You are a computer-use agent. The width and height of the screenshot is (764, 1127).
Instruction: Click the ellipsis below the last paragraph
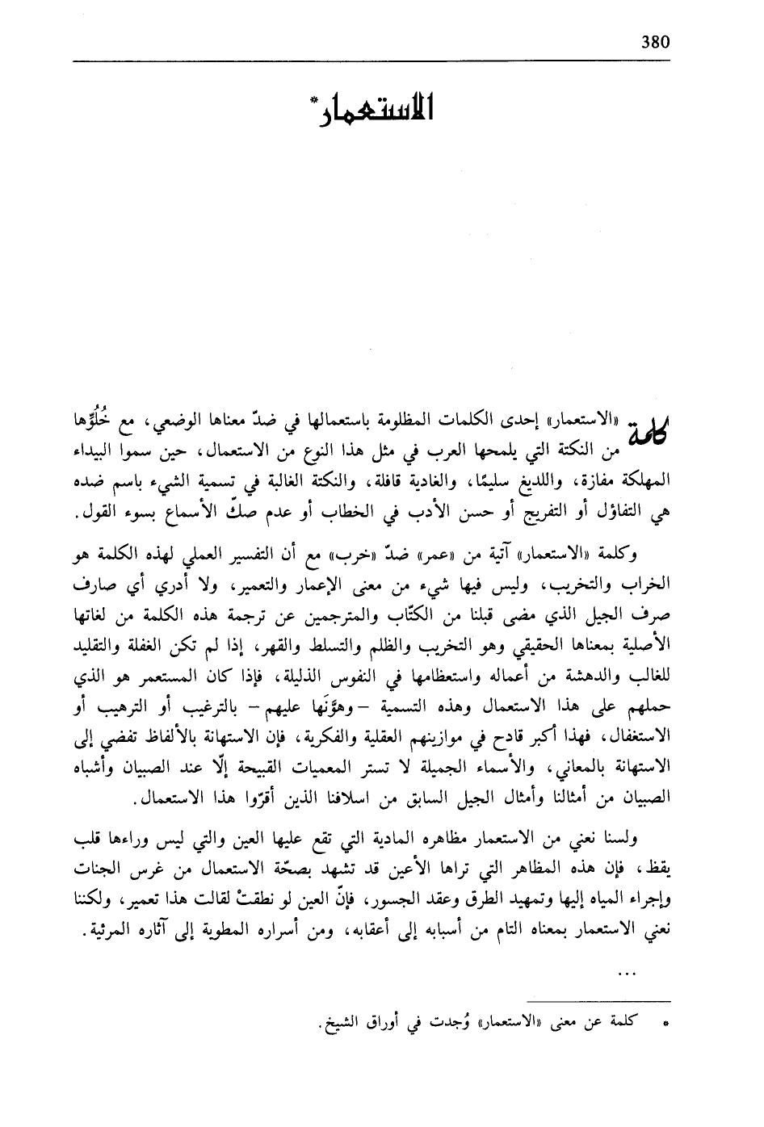pos(626,974)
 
